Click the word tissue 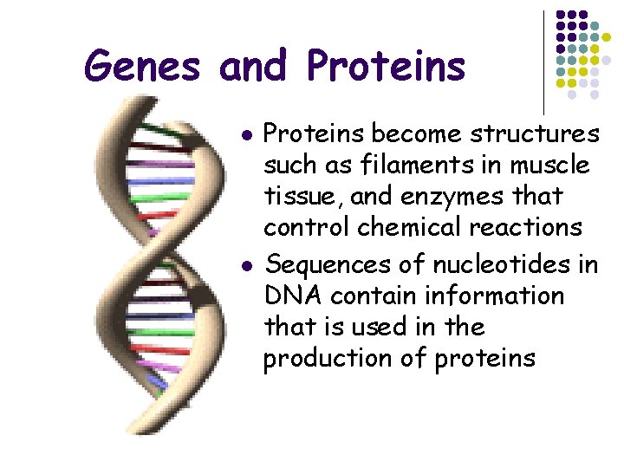point(295,197)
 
